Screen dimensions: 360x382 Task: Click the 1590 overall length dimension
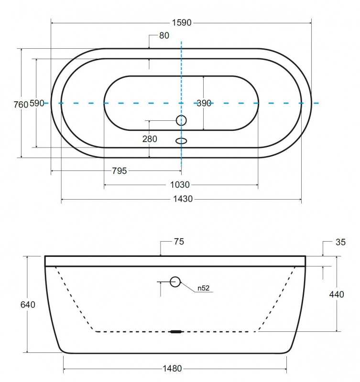pos(182,22)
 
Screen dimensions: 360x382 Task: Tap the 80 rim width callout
pos(164,35)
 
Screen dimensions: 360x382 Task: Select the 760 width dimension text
pos(21,105)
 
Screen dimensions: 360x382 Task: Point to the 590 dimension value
pos(37,103)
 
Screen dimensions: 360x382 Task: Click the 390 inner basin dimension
pos(204,103)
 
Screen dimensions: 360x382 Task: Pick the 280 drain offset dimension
pos(150,139)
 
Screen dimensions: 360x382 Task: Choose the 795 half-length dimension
pos(120,171)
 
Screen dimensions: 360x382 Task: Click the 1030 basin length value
pos(180,185)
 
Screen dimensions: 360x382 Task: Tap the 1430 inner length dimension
pos(183,199)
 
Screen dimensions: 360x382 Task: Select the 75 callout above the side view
pos(179,242)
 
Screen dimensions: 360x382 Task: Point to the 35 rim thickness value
pos(340,242)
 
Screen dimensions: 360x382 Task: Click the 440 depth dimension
pos(337,295)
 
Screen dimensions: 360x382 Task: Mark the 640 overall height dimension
pos(28,305)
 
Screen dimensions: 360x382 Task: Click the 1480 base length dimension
pos(172,369)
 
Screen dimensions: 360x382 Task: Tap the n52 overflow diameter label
pos(203,288)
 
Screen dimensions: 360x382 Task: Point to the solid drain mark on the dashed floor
pos(176,331)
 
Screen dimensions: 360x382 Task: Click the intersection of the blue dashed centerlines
pos(181,103)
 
